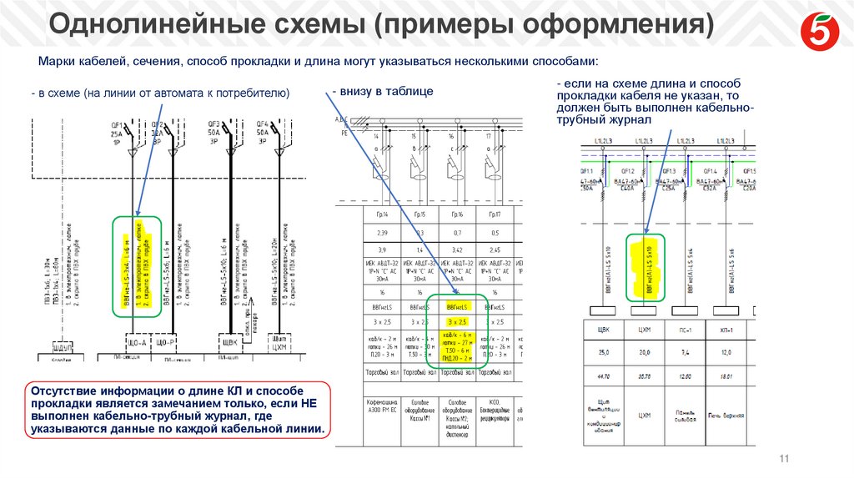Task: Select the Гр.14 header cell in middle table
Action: click(x=381, y=214)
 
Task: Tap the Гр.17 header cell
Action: click(x=494, y=214)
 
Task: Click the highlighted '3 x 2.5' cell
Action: click(x=456, y=321)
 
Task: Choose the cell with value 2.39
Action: click(x=381, y=232)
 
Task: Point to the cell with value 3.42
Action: click(x=456, y=250)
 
